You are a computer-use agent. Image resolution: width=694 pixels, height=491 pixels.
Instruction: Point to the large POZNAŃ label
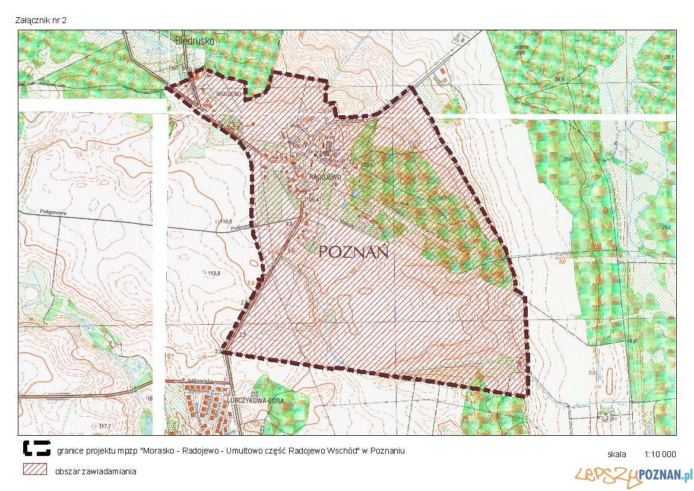(353, 252)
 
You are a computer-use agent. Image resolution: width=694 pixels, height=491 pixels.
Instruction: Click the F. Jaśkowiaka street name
(197, 381)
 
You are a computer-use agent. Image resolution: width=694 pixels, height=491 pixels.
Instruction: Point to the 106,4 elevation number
(312, 200)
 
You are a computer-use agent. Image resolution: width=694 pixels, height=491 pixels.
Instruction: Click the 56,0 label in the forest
(631, 341)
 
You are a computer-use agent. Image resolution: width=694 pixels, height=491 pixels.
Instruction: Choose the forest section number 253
(666, 227)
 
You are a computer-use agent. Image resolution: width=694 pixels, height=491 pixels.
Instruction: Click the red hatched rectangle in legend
(35, 469)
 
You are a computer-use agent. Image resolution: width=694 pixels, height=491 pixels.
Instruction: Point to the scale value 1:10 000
(660, 455)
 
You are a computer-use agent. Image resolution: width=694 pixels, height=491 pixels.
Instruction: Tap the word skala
(617, 455)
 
